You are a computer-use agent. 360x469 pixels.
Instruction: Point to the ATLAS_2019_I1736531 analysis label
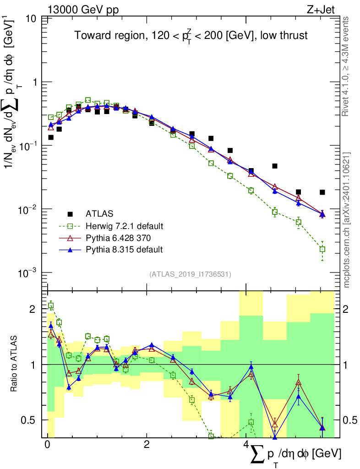click(x=190, y=274)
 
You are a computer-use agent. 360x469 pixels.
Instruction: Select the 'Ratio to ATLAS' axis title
click(x=14, y=364)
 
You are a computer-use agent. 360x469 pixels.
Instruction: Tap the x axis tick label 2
click(x=147, y=445)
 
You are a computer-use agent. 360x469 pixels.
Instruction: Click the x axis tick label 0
click(x=48, y=445)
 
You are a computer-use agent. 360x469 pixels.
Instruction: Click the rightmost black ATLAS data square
click(x=322, y=192)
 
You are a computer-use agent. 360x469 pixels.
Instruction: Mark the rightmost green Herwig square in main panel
click(x=322, y=249)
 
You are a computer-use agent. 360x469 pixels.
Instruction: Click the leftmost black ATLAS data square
click(x=51, y=137)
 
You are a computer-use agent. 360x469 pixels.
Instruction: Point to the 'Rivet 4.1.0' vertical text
click(x=347, y=64)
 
